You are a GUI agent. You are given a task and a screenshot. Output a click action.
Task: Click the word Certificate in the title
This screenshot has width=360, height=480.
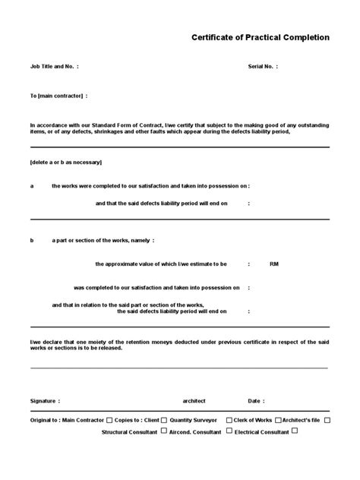coord(216,37)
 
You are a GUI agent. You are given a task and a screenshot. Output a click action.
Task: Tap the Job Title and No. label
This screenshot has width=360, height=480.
coord(53,67)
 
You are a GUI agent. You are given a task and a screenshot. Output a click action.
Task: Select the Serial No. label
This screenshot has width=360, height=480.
coord(262,67)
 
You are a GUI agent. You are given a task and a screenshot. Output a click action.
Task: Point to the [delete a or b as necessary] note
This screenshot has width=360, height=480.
coord(66,163)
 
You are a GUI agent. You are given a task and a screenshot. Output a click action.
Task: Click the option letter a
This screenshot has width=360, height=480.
coord(32,185)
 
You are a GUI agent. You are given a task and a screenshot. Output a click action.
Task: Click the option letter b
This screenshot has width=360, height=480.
coord(32,241)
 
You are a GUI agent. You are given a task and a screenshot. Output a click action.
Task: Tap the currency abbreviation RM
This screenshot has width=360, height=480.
coord(274,264)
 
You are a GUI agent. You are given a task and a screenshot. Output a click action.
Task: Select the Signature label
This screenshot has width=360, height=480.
coord(45,401)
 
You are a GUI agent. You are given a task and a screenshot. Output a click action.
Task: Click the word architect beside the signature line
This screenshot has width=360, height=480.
coord(194,401)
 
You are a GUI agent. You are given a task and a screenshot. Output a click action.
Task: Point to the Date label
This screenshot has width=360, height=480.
coord(256,401)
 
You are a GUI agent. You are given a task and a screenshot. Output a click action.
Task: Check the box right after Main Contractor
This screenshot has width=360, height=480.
coord(110,419)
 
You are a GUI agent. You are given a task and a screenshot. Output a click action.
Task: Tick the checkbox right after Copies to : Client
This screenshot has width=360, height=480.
coord(165,419)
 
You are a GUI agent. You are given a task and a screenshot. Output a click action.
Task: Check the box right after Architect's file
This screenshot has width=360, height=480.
coord(327,419)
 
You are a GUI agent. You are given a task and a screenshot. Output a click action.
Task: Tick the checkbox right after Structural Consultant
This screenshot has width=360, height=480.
coord(164,431)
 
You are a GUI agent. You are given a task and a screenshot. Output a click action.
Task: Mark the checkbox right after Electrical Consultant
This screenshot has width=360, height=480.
coord(295,431)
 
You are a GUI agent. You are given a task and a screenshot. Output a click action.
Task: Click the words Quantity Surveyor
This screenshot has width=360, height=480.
coord(193,420)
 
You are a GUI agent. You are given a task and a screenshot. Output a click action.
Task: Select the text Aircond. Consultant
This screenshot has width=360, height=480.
coord(197,431)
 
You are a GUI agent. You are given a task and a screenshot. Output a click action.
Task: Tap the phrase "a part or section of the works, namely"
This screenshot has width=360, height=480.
coord(102,241)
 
